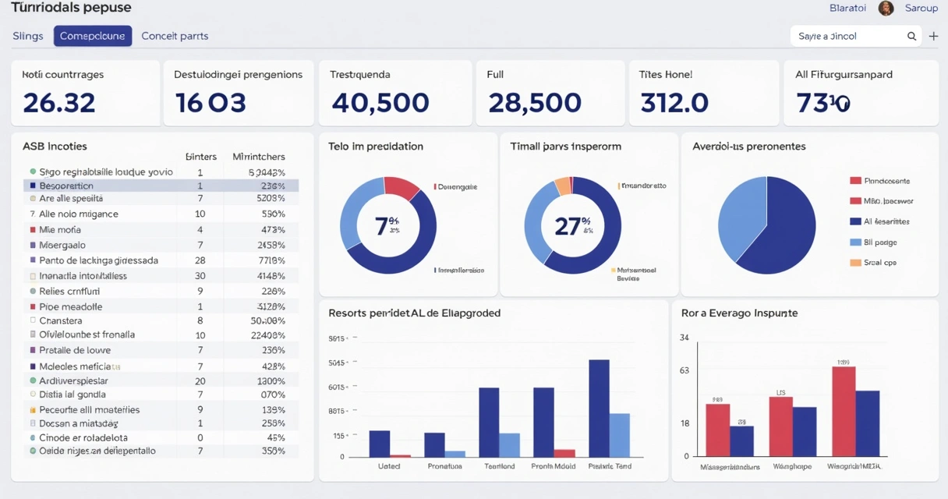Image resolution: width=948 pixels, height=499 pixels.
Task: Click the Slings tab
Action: click(28, 36)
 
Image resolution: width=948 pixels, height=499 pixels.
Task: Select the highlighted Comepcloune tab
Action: click(93, 36)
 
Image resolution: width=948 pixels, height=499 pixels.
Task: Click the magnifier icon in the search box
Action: click(911, 37)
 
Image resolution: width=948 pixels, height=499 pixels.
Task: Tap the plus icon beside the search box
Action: click(933, 37)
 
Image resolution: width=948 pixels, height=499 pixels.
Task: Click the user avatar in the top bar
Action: click(886, 9)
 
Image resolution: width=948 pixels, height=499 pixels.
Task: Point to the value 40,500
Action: click(380, 102)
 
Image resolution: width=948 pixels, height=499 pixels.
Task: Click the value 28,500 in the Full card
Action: click(535, 102)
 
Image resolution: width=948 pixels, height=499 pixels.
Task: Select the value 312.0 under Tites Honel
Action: click(674, 102)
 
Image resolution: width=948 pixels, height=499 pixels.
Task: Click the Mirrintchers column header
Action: click(259, 157)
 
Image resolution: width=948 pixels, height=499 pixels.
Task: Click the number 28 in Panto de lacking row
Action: click(200, 260)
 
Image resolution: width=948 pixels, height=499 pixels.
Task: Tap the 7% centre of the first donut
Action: click(387, 226)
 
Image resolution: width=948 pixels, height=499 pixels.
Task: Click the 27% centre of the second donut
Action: click(572, 226)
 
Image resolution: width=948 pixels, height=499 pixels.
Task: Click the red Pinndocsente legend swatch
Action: click(856, 181)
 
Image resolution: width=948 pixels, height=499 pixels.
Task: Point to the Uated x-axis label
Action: click(389, 466)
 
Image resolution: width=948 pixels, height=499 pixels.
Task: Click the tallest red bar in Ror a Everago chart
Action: click(844, 411)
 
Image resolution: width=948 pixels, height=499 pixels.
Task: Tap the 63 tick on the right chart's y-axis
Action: click(684, 371)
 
